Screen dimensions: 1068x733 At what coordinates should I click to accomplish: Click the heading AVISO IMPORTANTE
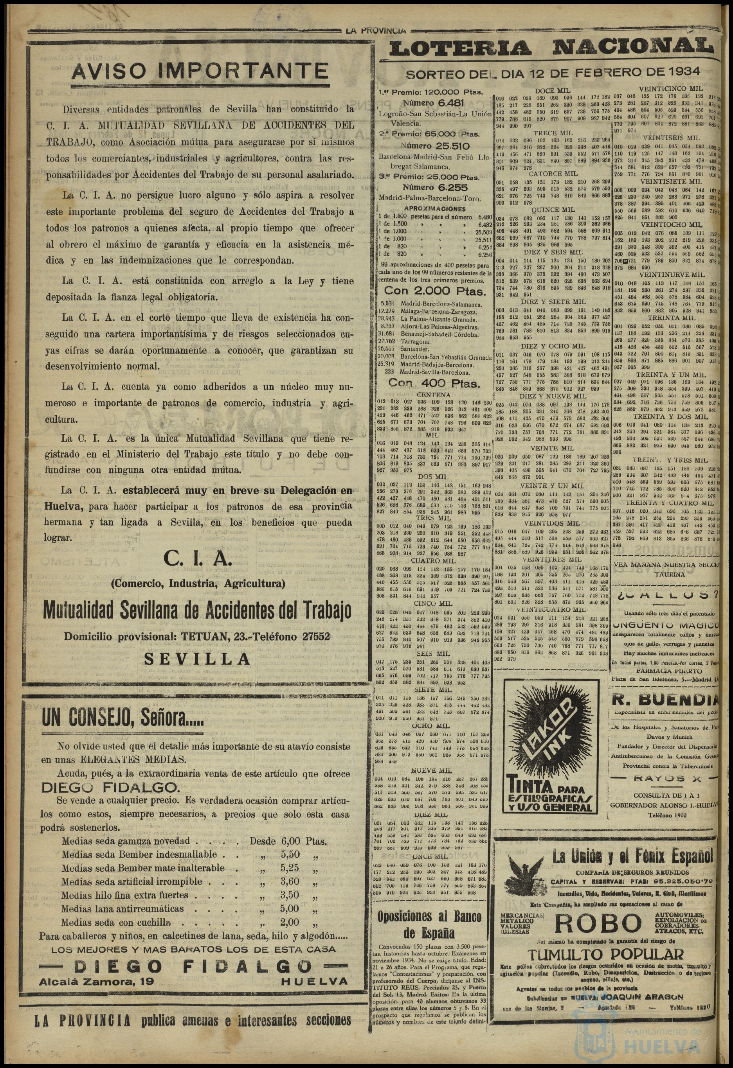tap(200, 71)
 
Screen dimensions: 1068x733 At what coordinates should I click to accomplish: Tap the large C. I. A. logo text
tap(197, 559)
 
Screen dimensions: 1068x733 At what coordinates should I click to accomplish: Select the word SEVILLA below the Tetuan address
tap(197, 659)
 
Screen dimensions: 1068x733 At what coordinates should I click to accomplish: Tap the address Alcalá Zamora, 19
tap(97, 982)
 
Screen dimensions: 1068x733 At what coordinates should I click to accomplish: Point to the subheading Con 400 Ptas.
tap(434, 383)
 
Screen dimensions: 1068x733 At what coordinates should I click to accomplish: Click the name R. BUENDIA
tap(664, 700)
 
